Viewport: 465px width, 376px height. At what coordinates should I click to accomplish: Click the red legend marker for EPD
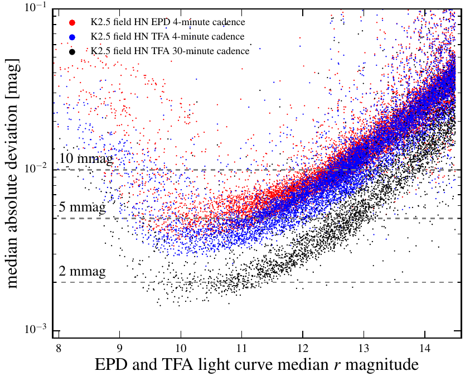pos(72,22)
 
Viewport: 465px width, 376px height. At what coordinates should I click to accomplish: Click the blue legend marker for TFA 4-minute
pos(72,37)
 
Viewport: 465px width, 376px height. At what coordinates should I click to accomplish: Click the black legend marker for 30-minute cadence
pos(72,51)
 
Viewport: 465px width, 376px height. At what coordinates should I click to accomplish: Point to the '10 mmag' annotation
pos(86,158)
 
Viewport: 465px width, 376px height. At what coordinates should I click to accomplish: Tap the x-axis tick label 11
pos(241,345)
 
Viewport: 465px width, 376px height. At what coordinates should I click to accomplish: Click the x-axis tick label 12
pos(303,345)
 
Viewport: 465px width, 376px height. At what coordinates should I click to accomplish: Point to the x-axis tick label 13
pos(364,345)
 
